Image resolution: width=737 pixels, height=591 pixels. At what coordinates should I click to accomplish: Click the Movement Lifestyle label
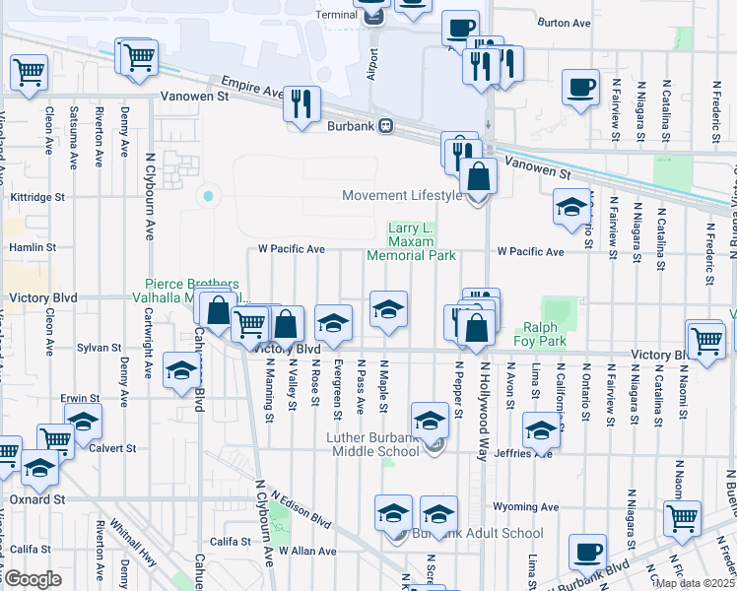[402, 195]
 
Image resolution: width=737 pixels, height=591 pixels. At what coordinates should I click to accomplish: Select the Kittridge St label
[37, 197]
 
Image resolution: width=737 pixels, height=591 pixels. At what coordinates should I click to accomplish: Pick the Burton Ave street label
[564, 22]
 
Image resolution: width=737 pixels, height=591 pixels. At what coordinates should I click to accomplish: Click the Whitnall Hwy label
[133, 540]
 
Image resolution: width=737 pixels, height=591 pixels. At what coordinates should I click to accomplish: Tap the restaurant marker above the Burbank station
[301, 103]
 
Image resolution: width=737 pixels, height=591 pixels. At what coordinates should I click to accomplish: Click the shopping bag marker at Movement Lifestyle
[478, 177]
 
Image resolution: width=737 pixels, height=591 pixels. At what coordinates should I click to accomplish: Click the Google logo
[33, 579]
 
